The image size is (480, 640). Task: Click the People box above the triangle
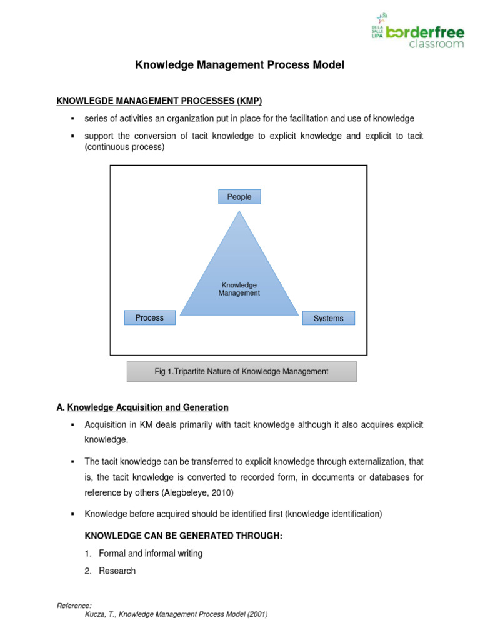point(239,197)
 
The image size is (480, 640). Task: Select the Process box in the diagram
point(149,318)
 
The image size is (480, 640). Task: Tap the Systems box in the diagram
point(328,319)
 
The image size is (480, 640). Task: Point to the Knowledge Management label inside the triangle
point(239,289)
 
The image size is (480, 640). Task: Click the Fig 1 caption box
point(241,371)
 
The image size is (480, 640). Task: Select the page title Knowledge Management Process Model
point(240,65)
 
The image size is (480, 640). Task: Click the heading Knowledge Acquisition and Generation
point(147,407)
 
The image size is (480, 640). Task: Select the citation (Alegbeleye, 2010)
point(197,492)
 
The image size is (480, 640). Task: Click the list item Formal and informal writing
point(151,554)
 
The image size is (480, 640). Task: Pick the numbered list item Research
point(117,571)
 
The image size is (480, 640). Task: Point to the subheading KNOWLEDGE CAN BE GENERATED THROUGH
point(184,536)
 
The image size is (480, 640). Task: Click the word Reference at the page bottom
point(74,606)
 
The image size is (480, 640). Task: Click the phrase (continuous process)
point(124,147)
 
